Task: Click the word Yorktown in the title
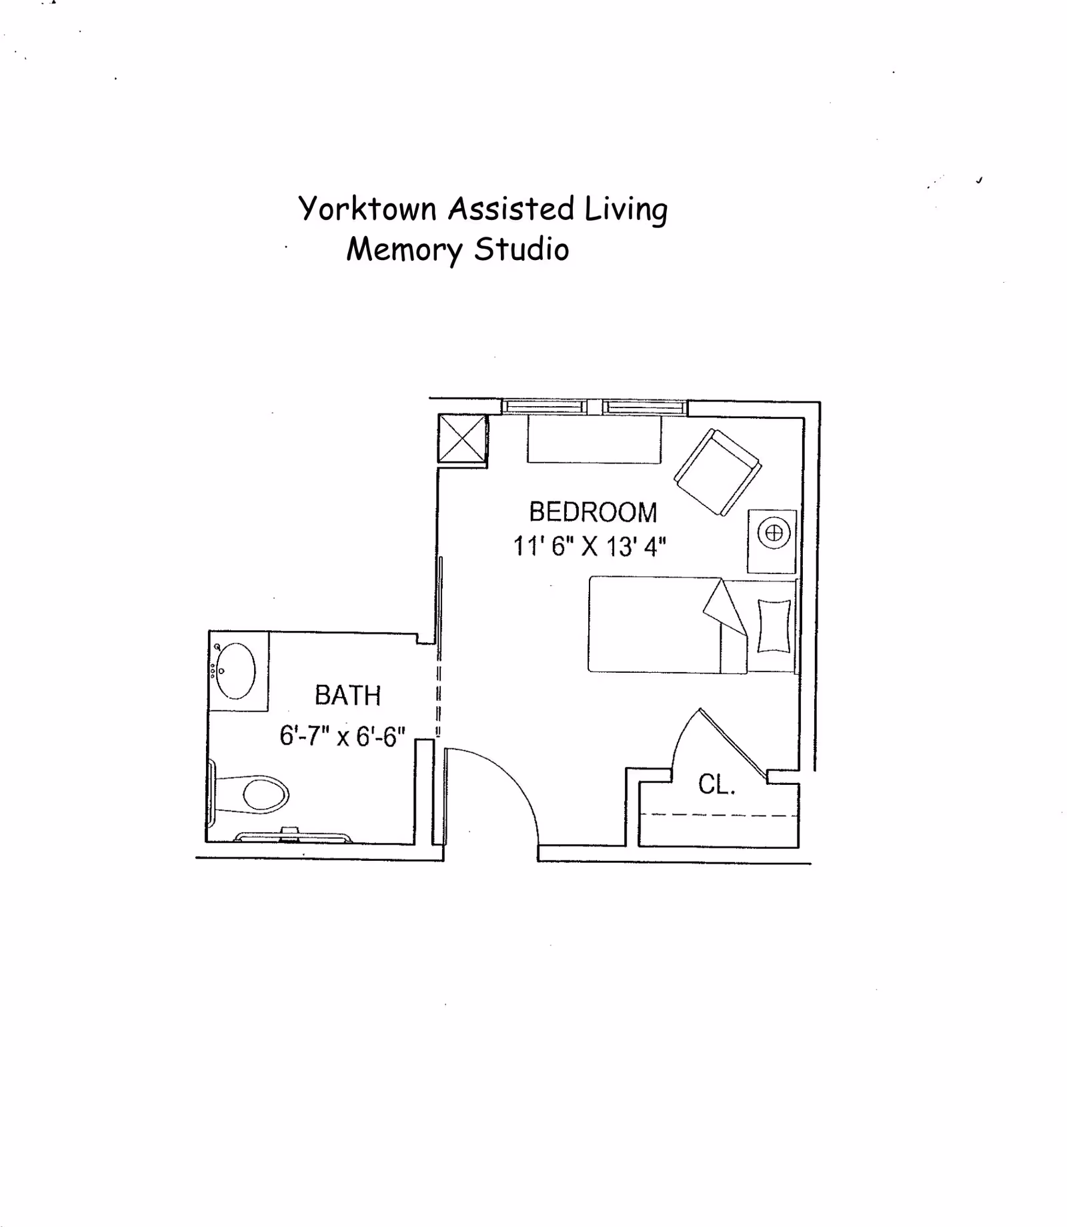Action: pos(367,209)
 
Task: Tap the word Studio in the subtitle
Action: pos(521,249)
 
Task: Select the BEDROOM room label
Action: pos(593,512)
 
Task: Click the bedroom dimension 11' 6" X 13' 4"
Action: pos(590,547)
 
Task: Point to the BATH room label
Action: pos(347,696)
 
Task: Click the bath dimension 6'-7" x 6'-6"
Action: pos(342,736)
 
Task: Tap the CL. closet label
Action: pos(716,785)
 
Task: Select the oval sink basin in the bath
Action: pos(235,670)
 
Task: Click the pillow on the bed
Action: pos(774,626)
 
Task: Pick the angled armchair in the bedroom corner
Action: pos(718,471)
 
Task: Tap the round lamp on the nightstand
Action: pos(774,533)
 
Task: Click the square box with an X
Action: pos(462,438)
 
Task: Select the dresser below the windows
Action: pos(594,439)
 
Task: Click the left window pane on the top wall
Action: pos(544,407)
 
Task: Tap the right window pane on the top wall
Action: pos(645,407)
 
